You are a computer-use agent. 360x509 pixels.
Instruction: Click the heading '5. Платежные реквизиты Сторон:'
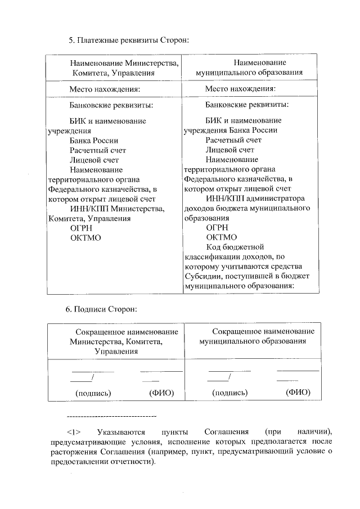[x=128, y=40]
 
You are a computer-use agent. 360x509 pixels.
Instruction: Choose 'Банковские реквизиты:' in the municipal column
[x=247, y=105]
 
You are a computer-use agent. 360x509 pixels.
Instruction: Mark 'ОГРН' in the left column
[x=81, y=228]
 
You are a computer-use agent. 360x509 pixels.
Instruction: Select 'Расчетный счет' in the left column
[x=98, y=150]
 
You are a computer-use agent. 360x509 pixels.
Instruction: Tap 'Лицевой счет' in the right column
[x=229, y=150]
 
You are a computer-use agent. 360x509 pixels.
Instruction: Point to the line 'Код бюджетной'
[x=235, y=247]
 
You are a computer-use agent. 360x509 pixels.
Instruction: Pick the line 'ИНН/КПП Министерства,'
[x=117, y=209]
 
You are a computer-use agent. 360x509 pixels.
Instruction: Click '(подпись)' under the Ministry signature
[x=93, y=393]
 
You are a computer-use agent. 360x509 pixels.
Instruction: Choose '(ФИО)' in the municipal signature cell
[x=298, y=392]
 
